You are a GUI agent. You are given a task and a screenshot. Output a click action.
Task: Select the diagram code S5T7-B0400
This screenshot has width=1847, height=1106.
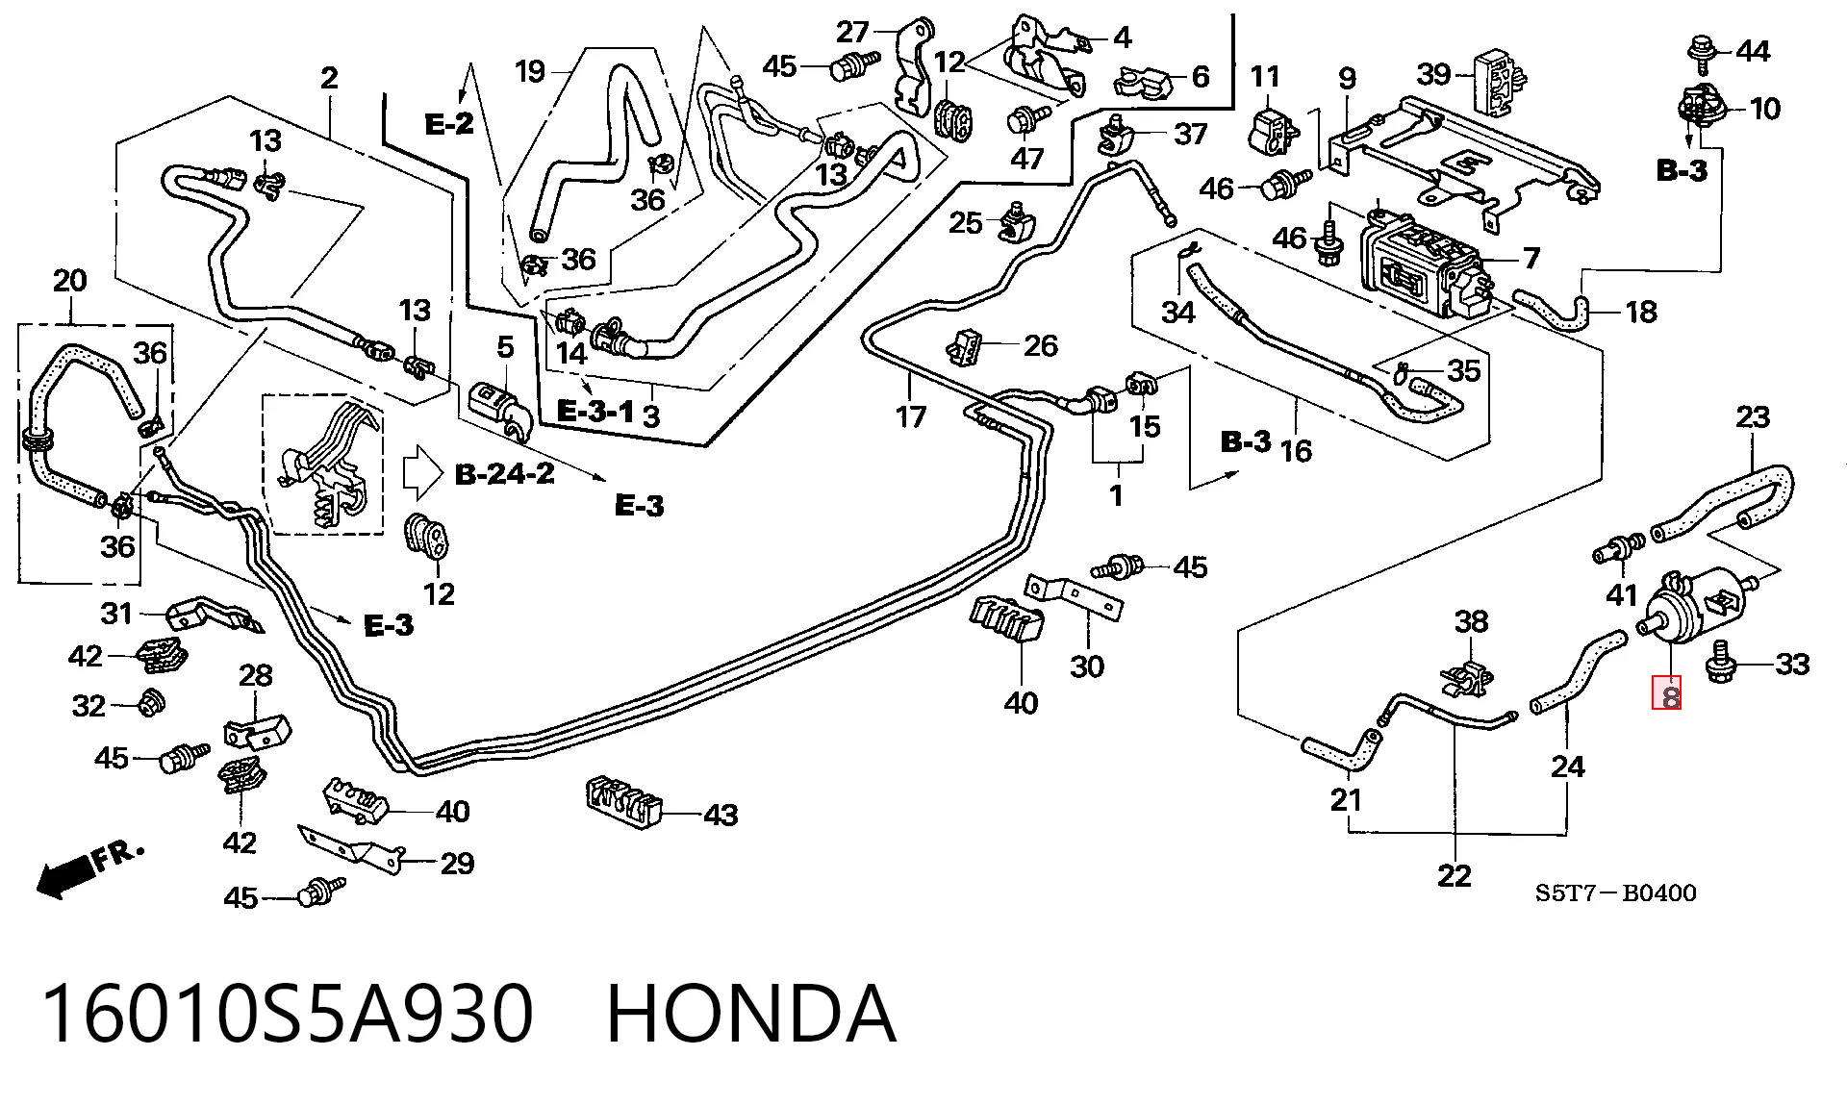pyautogui.click(x=1615, y=893)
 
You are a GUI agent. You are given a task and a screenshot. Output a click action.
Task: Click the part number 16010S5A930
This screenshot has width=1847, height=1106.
pyautogui.click(x=288, y=1014)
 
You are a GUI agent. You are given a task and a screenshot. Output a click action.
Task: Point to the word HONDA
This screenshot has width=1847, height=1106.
pyautogui.click(x=751, y=1014)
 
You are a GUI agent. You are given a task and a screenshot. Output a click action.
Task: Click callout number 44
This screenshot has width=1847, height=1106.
pyautogui.click(x=1753, y=51)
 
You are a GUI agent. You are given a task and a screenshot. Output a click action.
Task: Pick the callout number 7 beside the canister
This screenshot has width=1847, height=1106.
pyautogui.click(x=1531, y=258)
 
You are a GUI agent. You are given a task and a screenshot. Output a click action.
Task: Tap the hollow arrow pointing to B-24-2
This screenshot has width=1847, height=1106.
pyautogui.click(x=421, y=471)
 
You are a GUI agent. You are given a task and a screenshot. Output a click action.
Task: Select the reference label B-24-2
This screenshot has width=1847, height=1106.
pyautogui.click(x=504, y=474)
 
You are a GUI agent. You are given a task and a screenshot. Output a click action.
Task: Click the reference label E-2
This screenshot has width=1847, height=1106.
pyautogui.click(x=449, y=123)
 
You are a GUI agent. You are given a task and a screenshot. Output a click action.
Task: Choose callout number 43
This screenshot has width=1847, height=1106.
pyautogui.click(x=721, y=816)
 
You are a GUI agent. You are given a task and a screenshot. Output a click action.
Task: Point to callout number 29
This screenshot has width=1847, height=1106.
pyautogui.click(x=457, y=864)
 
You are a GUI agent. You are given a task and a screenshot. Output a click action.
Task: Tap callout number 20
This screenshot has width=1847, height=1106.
pyautogui.click(x=69, y=281)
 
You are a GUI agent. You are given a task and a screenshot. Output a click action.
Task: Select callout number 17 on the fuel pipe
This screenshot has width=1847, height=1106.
pyautogui.click(x=910, y=416)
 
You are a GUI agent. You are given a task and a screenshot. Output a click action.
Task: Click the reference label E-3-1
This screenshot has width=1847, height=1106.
pyautogui.click(x=595, y=413)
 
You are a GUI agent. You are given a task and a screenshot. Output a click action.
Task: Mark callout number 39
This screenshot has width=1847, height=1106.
pyautogui.click(x=1434, y=73)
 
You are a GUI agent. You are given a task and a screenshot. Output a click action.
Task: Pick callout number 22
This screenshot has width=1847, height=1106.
pyautogui.click(x=1454, y=876)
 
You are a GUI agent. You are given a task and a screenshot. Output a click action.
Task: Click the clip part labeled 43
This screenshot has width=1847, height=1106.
pyautogui.click(x=623, y=800)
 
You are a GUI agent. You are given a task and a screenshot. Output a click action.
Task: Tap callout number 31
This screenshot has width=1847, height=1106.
pyautogui.click(x=116, y=613)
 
